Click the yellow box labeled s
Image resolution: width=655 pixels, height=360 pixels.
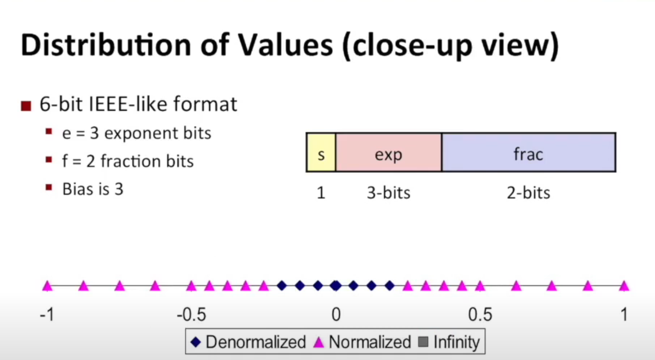[x=321, y=152]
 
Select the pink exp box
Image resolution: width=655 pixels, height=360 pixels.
[x=388, y=152]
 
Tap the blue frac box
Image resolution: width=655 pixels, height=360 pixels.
[x=528, y=152]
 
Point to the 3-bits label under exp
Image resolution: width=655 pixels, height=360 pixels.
[x=388, y=193]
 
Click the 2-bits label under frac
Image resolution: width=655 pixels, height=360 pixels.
[x=528, y=193]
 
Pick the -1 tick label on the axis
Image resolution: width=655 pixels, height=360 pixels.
[x=47, y=315]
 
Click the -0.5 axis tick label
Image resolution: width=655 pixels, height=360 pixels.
[x=191, y=315]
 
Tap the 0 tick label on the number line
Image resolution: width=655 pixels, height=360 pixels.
[x=336, y=315]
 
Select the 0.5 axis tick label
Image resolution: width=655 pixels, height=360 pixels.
[x=480, y=315]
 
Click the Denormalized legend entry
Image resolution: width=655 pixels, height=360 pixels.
[x=248, y=342]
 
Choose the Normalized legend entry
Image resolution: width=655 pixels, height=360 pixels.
[x=362, y=342]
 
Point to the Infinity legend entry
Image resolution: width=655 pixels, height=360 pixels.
[x=449, y=342]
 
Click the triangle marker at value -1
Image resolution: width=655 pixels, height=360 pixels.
[x=48, y=286]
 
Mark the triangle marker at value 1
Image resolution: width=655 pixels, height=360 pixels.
[x=624, y=286]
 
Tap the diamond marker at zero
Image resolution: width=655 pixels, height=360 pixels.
[x=336, y=286]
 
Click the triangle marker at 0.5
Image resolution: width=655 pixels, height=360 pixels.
[x=480, y=286]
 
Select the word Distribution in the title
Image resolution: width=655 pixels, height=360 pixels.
[x=106, y=45]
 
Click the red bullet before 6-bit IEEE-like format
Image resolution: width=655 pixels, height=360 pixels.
[x=26, y=106]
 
